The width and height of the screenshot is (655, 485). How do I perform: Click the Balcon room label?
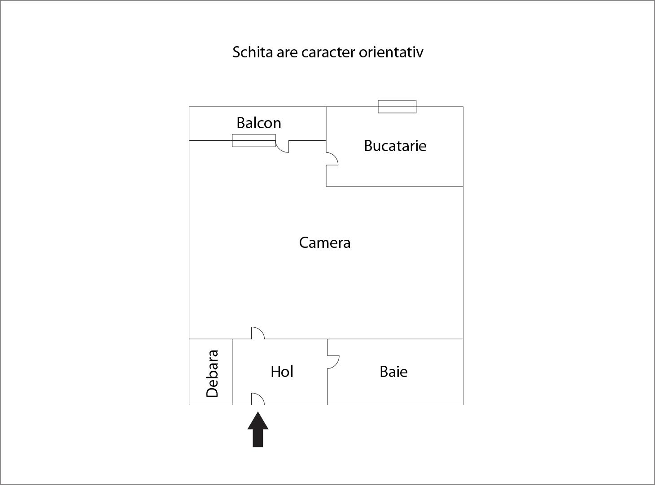click(259, 123)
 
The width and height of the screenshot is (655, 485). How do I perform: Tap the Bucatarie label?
click(395, 146)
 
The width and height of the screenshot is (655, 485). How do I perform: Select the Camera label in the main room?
click(325, 242)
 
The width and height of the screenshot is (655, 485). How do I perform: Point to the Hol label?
click(282, 372)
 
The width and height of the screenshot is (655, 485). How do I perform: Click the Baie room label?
click(393, 372)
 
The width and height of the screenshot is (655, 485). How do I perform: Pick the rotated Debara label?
click(212, 373)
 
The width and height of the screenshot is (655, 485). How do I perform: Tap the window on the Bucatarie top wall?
click(397, 107)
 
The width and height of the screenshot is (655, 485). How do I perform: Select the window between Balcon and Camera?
click(253, 140)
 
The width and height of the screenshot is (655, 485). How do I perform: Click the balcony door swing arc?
click(282, 147)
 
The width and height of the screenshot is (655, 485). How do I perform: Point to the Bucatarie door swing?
click(332, 159)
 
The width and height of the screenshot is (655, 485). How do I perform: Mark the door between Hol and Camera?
click(258, 333)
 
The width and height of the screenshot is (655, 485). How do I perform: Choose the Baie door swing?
click(333, 362)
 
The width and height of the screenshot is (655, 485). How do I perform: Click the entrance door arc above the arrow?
click(258, 399)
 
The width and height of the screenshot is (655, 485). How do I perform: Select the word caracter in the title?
click(328, 52)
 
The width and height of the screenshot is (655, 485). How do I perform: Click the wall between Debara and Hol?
click(232, 372)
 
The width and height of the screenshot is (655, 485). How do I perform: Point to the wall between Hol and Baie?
click(327, 385)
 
